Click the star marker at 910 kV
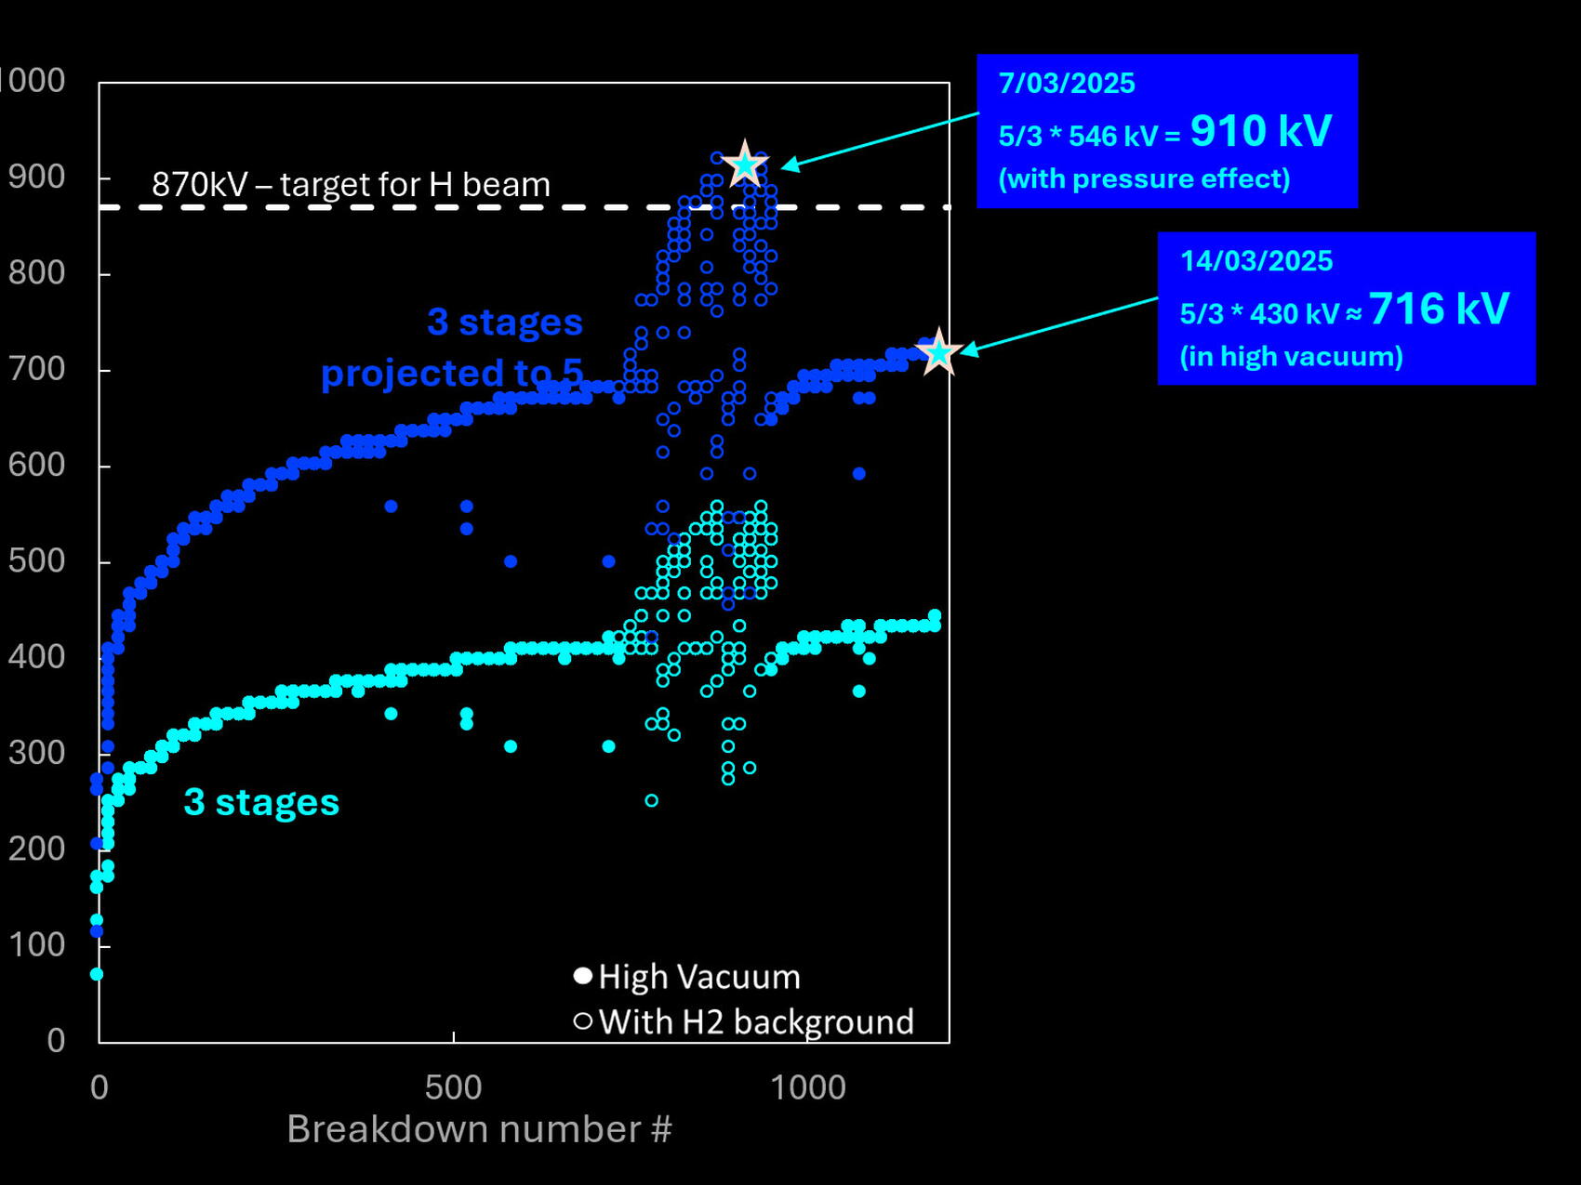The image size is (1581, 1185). (x=745, y=165)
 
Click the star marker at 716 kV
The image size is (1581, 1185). (x=938, y=351)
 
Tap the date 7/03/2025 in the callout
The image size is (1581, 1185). (x=1067, y=84)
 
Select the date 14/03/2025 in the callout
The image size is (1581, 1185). (x=1256, y=261)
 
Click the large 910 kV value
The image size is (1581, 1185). (x=1261, y=131)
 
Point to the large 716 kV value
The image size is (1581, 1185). (x=1439, y=309)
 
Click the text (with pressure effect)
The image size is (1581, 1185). (x=1144, y=178)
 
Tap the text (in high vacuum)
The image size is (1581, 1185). (x=1291, y=356)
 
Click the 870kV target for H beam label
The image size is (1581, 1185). (x=351, y=184)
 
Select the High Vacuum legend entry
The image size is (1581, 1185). (x=698, y=977)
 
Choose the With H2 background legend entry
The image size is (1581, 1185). (x=755, y=1021)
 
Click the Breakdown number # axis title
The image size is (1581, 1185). (x=479, y=1129)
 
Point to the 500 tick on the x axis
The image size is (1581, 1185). (x=453, y=1087)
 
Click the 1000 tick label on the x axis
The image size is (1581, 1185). (x=808, y=1087)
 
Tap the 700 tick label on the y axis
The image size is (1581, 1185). (x=36, y=369)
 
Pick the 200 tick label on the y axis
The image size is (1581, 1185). (x=36, y=849)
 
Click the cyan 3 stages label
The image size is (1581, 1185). (x=261, y=802)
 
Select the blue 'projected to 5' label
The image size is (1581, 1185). (x=452, y=374)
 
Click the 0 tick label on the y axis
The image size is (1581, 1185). (x=56, y=1040)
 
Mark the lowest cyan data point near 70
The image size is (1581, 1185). (x=97, y=974)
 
